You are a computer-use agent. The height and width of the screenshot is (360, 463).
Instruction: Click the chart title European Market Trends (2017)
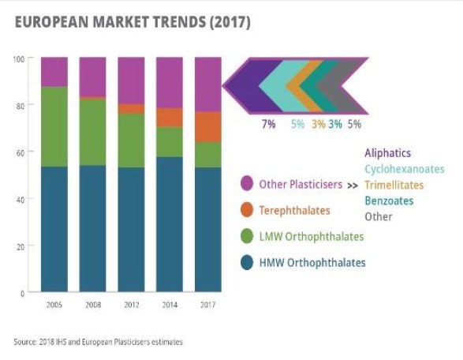(132, 23)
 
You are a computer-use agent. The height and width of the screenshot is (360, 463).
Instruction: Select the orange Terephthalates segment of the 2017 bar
(208, 126)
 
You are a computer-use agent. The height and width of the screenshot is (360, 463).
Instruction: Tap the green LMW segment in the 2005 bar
(54, 126)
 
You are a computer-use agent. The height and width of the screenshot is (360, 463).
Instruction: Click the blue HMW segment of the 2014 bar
(170, 224)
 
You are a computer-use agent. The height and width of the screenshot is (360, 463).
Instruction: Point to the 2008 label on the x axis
(93, 304)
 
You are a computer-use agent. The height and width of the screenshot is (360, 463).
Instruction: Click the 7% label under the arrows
(268, 124)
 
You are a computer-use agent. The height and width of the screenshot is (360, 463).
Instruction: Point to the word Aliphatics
(387, 153)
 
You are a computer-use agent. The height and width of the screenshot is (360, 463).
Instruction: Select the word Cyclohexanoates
(405, 169)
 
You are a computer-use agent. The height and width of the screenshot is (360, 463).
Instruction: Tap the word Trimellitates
(395, 185)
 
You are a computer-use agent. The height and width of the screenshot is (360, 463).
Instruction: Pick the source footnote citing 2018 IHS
(98, 342)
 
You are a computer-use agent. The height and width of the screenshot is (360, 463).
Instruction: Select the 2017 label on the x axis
(208, 304)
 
